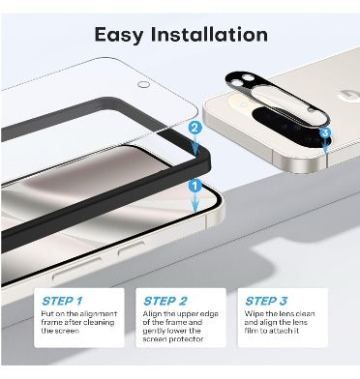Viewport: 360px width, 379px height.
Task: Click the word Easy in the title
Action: (x=119, y=35)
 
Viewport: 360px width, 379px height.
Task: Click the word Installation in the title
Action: (x=209, y=34)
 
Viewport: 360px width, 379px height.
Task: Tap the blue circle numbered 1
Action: (x=195, y=186)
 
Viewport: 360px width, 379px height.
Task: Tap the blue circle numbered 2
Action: (x=195, y=128)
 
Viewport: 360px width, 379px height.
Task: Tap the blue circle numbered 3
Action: (x=325, y=132)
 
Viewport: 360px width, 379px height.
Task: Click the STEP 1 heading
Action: (x=62, y=301)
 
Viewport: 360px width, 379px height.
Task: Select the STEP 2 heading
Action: (x=165, y=301)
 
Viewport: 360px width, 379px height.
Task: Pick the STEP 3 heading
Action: (x=266, y=301)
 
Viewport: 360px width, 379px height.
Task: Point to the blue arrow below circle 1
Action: (x=195, y=202)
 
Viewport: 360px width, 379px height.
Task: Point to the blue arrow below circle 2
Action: (x=195, y=144)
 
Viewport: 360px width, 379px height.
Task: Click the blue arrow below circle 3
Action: (x=325, y=145)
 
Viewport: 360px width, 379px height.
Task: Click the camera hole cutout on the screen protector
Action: (x=143, y=85)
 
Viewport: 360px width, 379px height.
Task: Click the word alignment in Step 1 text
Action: (x=99, y=313)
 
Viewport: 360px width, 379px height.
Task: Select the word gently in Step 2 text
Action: (x=154, y=331)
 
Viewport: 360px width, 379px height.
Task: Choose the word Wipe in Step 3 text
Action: (x=252, y=313)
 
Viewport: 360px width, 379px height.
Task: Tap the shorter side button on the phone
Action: (x=131, y=248)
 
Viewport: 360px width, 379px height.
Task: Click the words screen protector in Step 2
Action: (x=173, y=339)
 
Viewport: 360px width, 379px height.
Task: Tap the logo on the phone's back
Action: (x=350, y=97)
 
